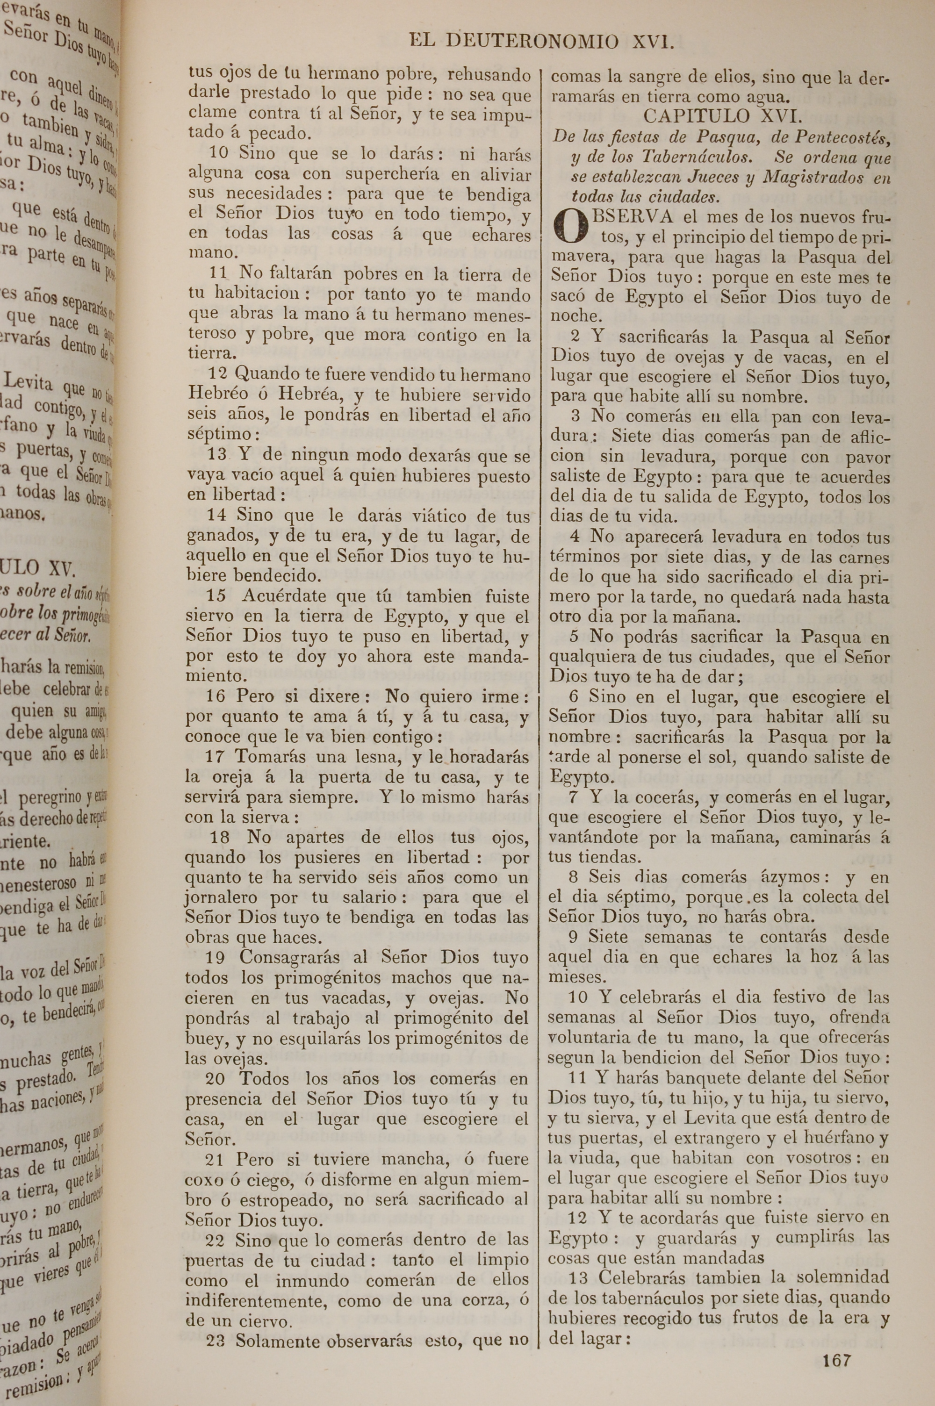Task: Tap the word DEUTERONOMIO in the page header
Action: [532, 42]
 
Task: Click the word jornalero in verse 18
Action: [221, 897]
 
